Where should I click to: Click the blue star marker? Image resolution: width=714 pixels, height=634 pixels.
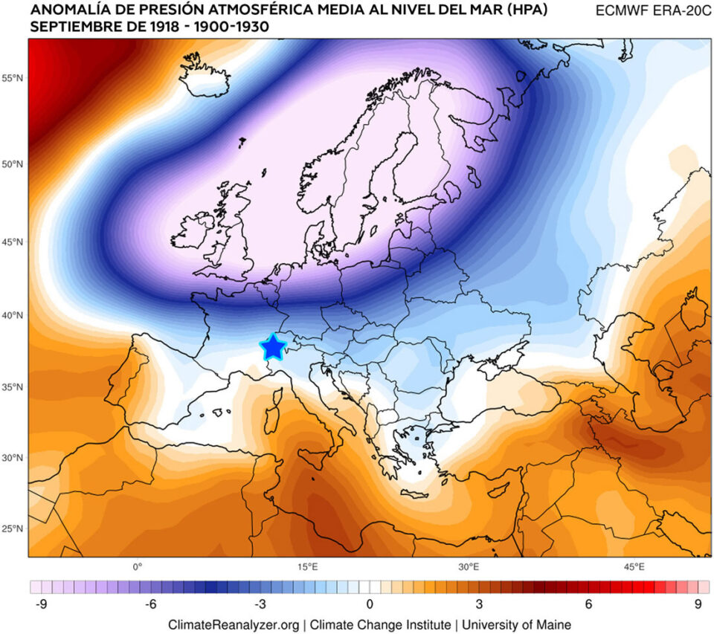(x=273, y=346)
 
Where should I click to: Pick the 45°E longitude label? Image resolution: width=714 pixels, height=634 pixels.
(x=634, y=566)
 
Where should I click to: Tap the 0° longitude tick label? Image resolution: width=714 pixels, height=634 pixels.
(x=138, y=566)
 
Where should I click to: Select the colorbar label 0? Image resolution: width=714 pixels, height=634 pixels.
(x=370, y=604)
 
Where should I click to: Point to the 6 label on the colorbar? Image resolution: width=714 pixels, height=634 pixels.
(x=588, y=604)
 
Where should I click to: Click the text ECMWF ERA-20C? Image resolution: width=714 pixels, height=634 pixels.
(x=649, y=11)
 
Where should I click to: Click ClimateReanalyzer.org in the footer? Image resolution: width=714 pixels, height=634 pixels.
(x=234, y=624)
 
